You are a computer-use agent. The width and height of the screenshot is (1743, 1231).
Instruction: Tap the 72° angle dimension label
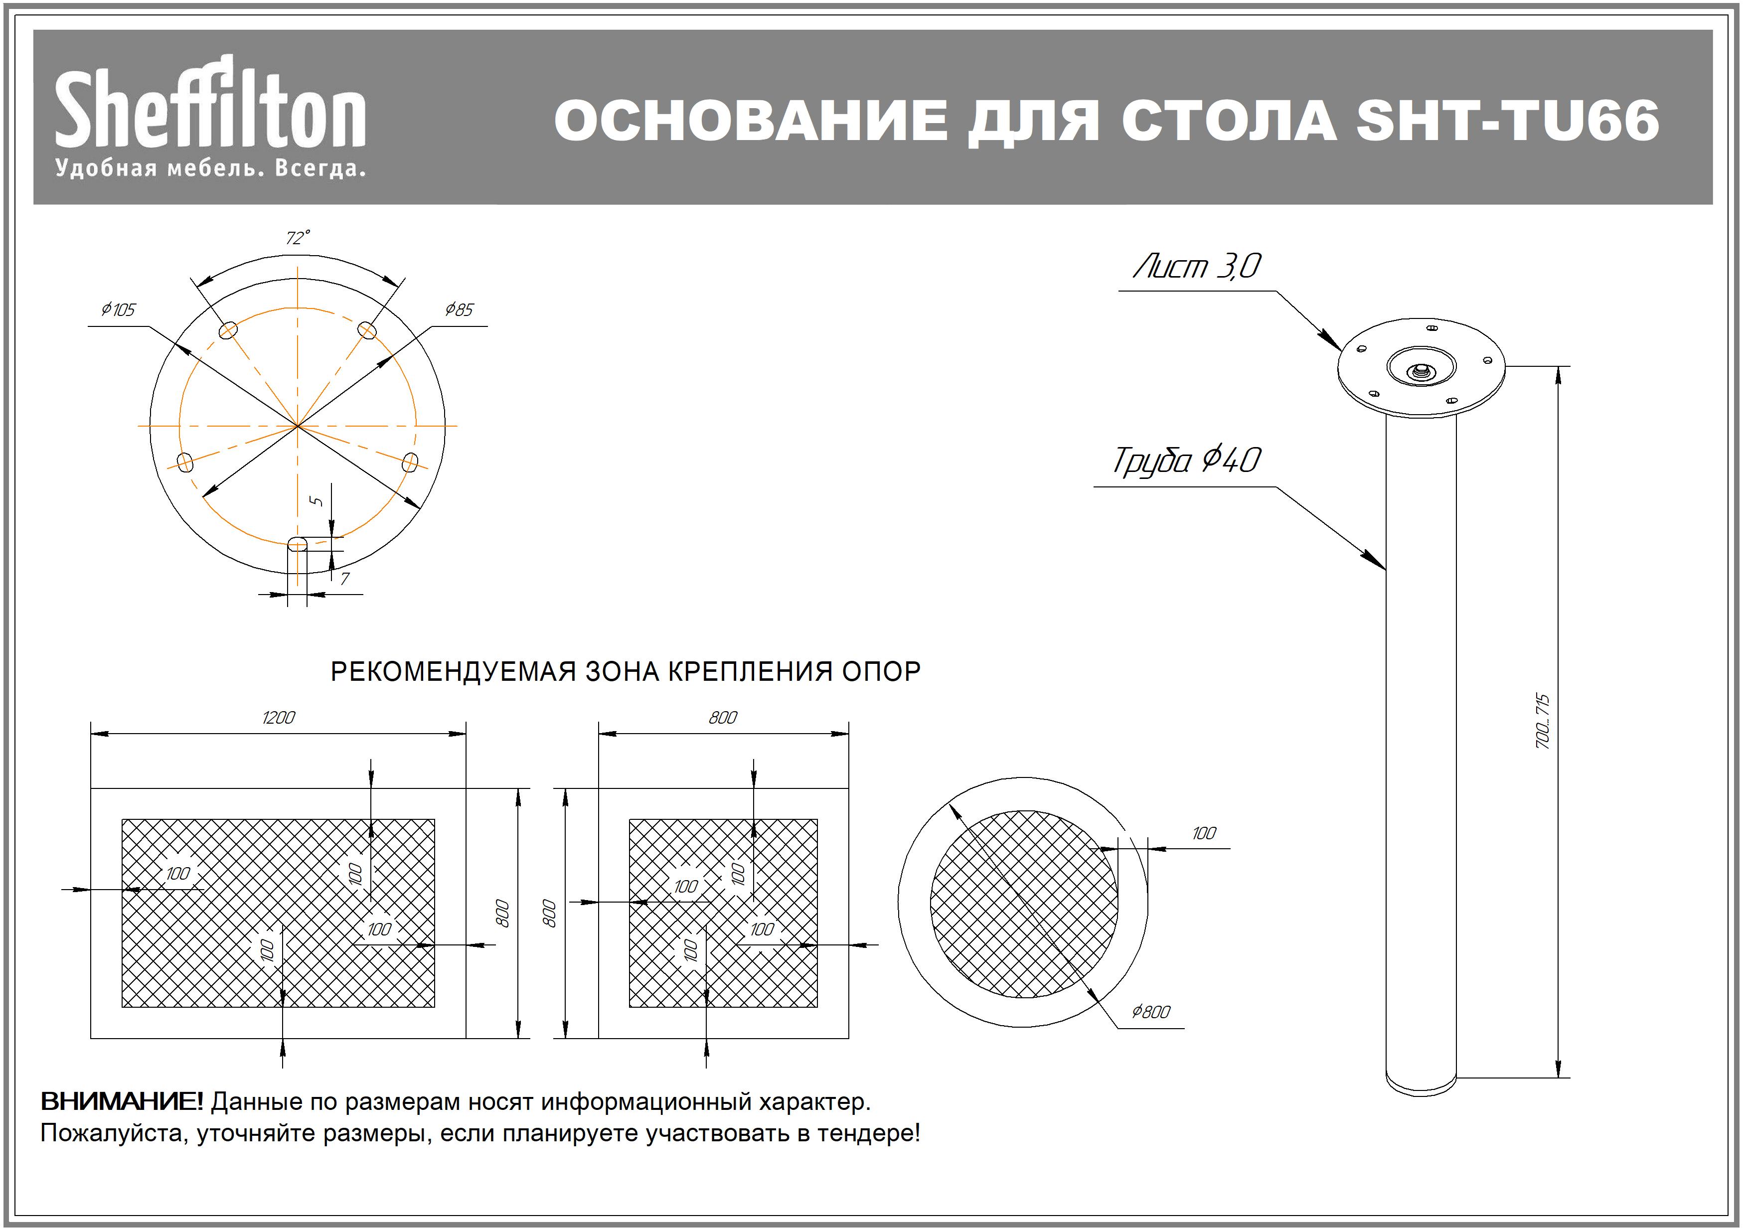coord(298,238)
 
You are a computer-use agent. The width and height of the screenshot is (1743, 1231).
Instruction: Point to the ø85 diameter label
coord(459,309)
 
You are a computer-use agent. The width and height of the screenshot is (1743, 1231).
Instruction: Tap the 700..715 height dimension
coord(1543,721)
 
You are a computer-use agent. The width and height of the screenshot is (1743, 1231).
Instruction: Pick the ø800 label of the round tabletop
coord(1151,1012)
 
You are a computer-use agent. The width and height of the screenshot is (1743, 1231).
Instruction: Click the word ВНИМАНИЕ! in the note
coord(122,1101)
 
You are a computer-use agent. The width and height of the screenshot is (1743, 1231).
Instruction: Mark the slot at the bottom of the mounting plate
coord(298,543)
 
